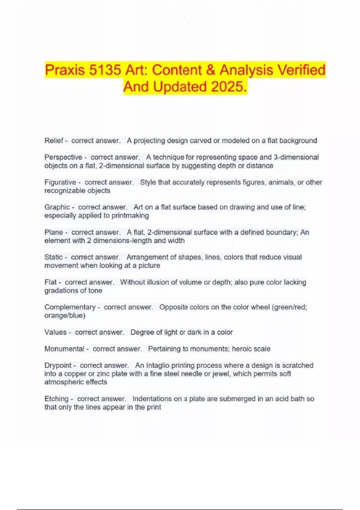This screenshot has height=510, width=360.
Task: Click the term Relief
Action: click(54, 141)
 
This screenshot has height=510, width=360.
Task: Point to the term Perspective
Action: click(63, 157)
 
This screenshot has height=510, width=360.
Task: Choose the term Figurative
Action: click(60, 182)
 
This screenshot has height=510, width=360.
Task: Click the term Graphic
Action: click(57, 207)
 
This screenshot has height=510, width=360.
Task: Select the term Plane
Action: click(54, 232)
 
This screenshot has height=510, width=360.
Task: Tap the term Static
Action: click(53, 257)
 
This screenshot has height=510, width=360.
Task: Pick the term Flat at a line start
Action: click(50, 282)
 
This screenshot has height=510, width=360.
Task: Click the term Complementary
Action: click(70, 307)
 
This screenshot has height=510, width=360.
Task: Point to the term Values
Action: click(55, 332)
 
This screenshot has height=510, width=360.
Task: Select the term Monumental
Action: click(64, 349)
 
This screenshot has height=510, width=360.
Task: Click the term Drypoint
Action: click(58, 365)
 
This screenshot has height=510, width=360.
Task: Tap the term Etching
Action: click(56, 399)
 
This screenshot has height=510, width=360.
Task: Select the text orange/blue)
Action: click(65, 316)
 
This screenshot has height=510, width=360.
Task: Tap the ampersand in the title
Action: click(211, 70)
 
